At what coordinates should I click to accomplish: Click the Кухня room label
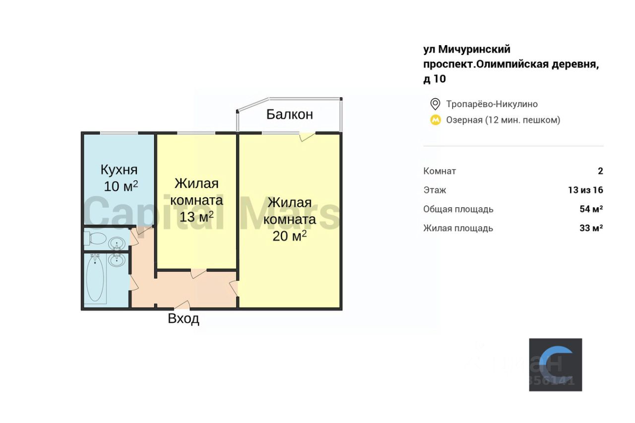[119, 170]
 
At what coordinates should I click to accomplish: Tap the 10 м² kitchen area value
[121, 186]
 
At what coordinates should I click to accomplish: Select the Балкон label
[290, 115]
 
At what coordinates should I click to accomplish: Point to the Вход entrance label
[184, 318]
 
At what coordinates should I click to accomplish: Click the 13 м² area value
[196, 217]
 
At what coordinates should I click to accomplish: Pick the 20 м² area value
[290, 236]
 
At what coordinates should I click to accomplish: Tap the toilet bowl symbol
[96, 239]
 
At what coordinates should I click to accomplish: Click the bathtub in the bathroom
[96, 279]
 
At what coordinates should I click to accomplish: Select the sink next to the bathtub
[117, 260]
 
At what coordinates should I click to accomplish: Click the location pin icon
[435, 104]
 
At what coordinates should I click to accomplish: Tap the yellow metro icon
[435, 120]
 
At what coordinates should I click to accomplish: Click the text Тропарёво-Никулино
[492, 104]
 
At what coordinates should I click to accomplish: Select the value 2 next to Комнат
[600, 171]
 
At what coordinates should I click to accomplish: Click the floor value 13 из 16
[585, 190]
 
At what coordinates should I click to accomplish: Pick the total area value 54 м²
[591, 209]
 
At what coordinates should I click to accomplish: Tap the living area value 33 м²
[591, 228]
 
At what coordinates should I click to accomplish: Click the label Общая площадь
[458, 209]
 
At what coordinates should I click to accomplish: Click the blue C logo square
[555, 364]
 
